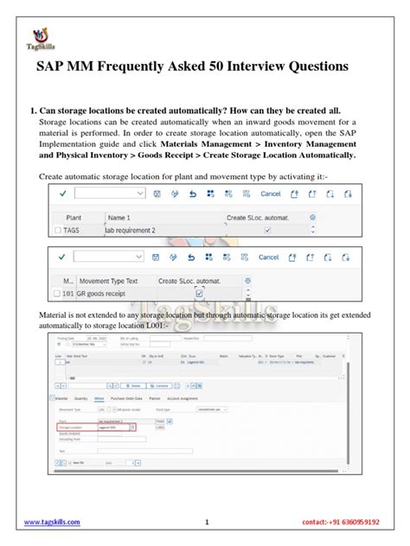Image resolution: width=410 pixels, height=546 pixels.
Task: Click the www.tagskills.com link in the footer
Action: click(x=51, y=523)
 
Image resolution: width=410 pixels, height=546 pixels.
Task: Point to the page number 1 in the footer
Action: click(x=208, y=523)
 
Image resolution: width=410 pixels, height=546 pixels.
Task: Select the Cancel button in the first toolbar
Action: click(x=270, y=194)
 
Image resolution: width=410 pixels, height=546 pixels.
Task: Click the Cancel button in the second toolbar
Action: click(x=269, y=257)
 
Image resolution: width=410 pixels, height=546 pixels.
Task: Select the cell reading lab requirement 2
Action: click(x=132, y=231)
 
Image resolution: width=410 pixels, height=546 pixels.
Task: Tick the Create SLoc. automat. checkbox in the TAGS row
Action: click(x=267, y=231)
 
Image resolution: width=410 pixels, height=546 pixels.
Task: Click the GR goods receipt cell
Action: click(x=104, y=294)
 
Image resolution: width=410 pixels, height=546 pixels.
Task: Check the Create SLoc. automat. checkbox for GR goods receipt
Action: click(x=200, y=294)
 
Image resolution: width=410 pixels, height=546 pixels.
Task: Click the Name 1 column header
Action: click(x=121, y=219)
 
